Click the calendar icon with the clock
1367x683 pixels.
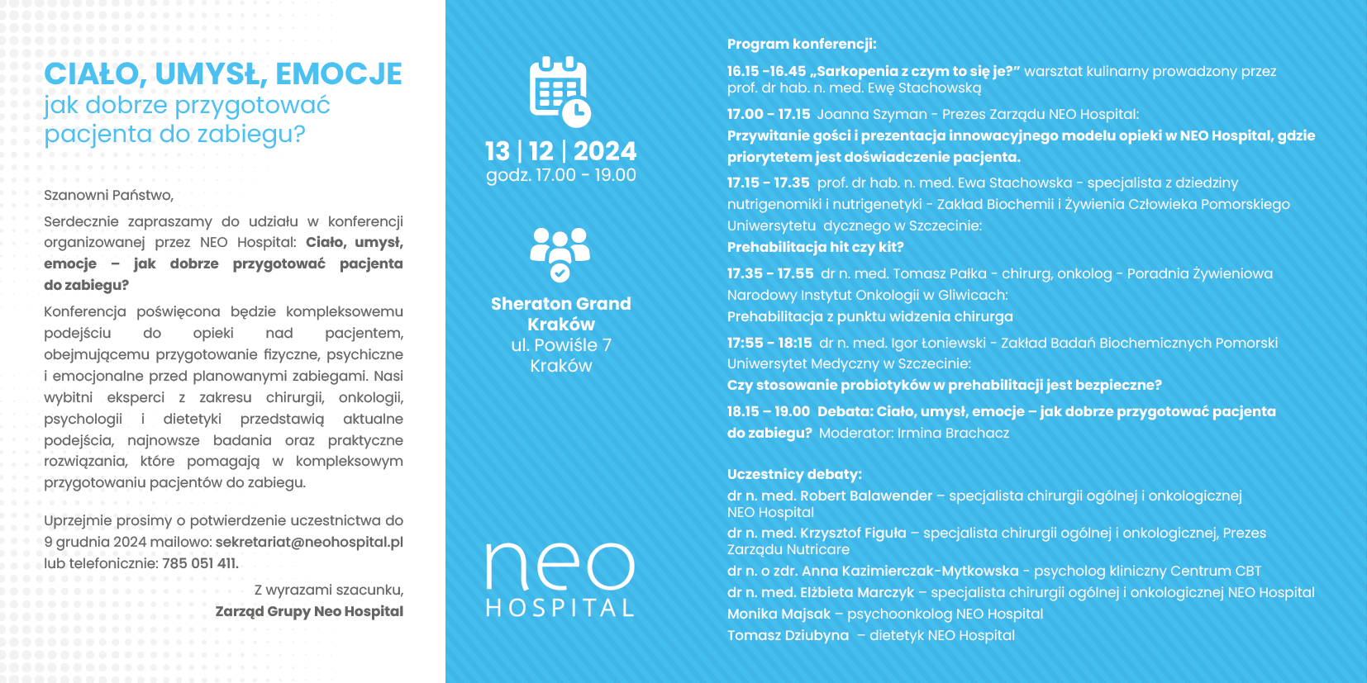point(560,91)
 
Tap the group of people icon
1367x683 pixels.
point(560,253)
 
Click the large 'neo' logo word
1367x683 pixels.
point(560,567)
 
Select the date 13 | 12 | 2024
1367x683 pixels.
point(560,151)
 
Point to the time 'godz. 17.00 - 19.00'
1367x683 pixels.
point(560,175)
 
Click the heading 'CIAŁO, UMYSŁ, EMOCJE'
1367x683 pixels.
point(223,74)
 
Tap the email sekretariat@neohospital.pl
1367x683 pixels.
point(309,542)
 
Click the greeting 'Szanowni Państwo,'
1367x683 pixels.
point(108,195)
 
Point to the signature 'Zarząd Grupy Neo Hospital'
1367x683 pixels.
point(309,611)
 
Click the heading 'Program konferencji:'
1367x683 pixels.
point(801,44)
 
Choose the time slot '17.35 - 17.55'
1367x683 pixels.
point(769,273)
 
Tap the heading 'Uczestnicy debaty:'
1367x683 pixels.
point(793,474)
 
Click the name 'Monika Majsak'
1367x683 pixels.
point(778,614)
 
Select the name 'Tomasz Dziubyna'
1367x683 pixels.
point(787,635)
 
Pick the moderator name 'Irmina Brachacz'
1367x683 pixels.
point(953,433)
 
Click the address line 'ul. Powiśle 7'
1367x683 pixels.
point(560,345)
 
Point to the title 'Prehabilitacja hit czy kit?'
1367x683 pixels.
point(815,247)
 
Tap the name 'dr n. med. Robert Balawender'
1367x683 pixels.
point(829,496)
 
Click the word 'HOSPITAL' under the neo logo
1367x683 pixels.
point(560,609)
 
